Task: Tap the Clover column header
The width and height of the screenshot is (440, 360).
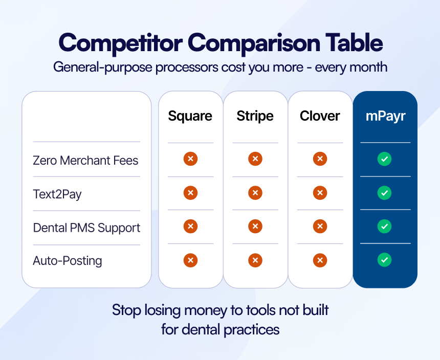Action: click(x=320, y=116)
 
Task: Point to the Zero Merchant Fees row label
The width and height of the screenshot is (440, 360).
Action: click(x=85, y=161)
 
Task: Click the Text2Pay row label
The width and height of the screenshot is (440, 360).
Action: click(x=57, y=194)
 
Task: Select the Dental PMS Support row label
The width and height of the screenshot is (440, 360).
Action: click(x=86, y=228)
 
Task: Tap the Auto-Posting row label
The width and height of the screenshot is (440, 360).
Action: click(x=68, y=261)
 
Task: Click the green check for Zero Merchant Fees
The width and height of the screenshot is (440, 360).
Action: click(x=384, y=159)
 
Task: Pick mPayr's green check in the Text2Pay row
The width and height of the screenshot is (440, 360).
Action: click(x=384, y=193)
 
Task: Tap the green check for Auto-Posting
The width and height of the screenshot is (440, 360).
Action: click(x=384, y=260)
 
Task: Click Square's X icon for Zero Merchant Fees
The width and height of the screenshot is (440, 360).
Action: click(x=190, y=159)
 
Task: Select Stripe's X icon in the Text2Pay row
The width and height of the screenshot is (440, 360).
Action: click(x=255, y=193)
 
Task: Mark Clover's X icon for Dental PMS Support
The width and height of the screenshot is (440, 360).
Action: click(x=320, y=226)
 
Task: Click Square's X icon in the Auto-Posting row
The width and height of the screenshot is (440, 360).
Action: click(x=190, y=260)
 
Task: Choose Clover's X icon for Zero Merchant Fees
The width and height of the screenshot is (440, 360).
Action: click(x=320, y=159)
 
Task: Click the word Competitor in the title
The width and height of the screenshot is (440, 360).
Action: click(x=121, y=43)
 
